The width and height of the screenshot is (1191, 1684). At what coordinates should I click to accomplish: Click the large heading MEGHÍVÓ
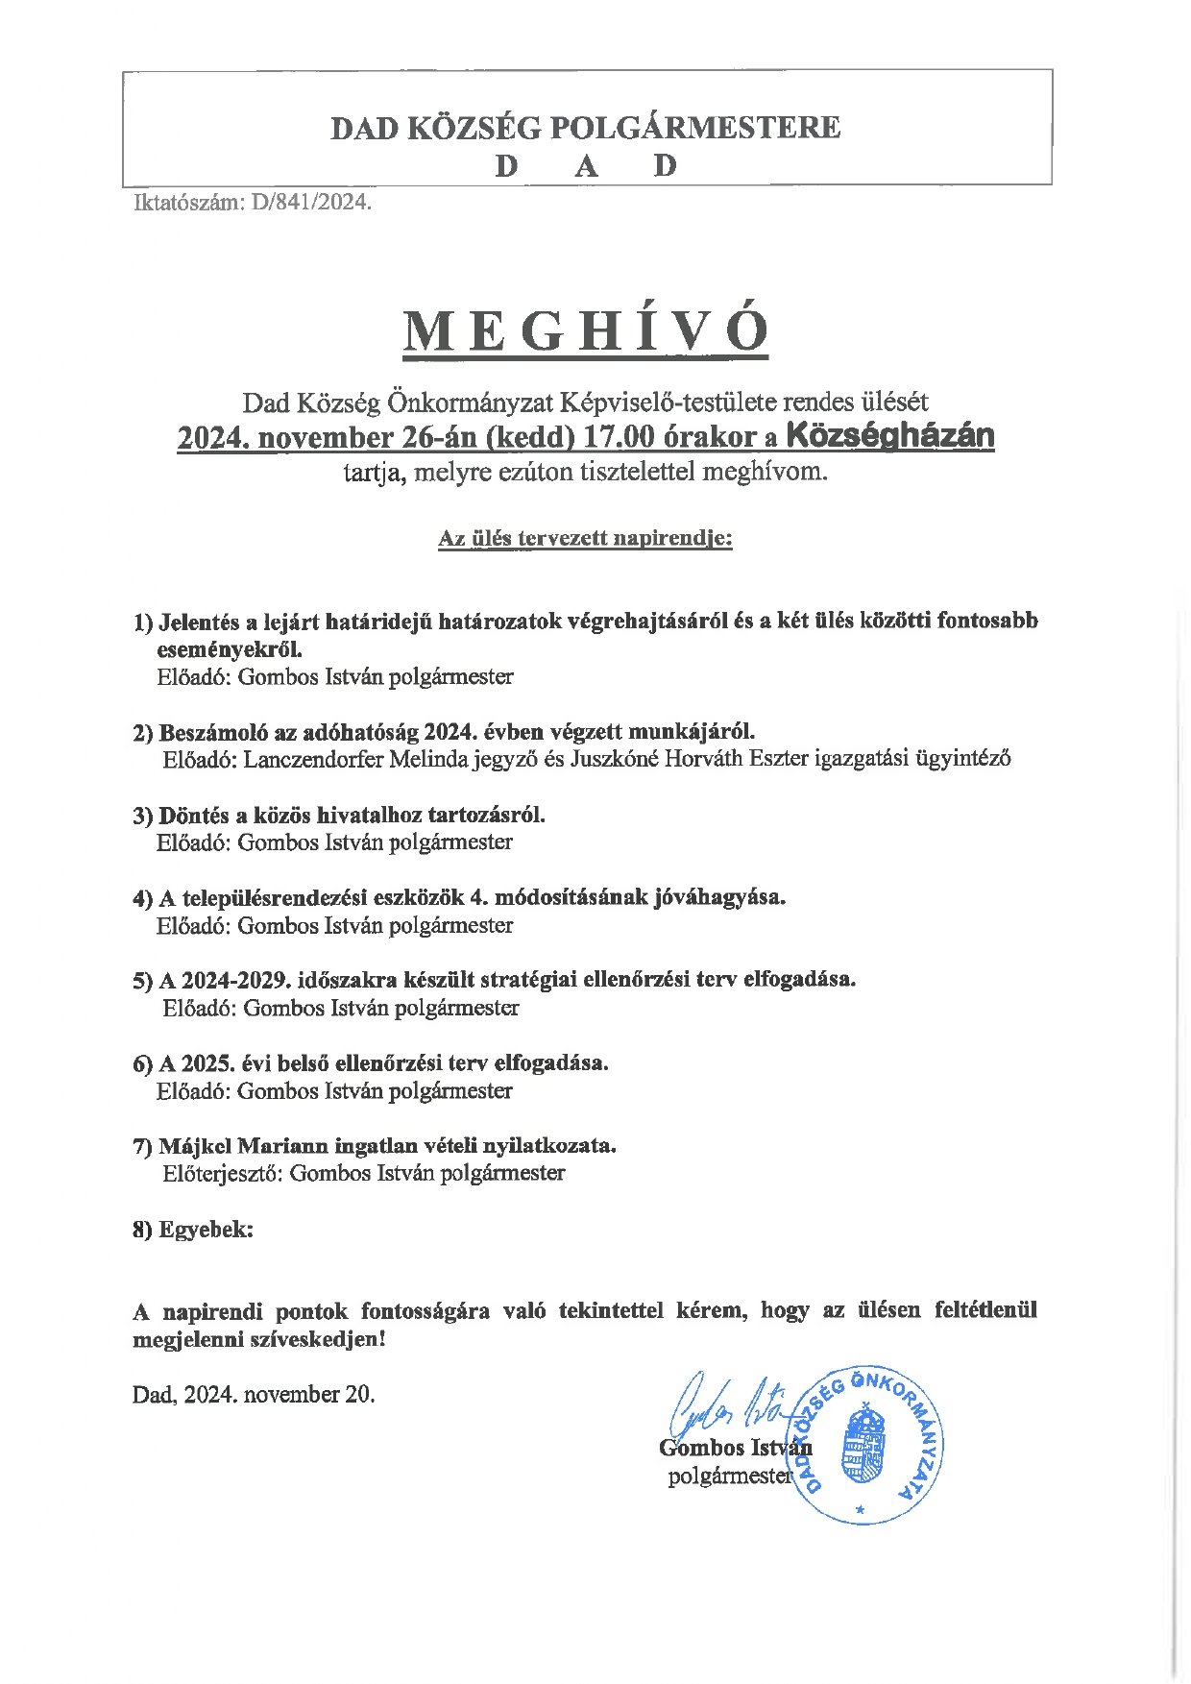coord(586,331)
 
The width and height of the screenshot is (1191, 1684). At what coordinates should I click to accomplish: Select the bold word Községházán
coord(889,436)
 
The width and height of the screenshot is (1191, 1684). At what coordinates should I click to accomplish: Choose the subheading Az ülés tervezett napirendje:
coord(585,538)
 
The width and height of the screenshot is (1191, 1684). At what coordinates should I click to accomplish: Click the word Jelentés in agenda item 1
coord(200,622)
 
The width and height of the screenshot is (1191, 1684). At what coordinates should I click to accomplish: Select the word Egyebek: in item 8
coord(206,1230)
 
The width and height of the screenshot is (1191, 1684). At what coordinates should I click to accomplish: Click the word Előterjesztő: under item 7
coord(223,1174)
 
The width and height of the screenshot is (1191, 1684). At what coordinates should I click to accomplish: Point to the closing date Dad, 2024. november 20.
coord(254,1395)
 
